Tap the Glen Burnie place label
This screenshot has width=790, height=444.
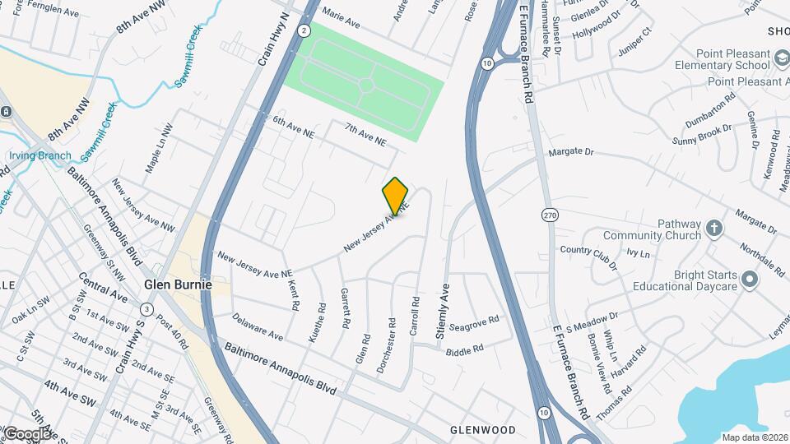pos(178,284)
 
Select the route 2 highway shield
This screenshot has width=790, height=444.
pos(304,30)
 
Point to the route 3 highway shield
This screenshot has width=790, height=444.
pos(146,308)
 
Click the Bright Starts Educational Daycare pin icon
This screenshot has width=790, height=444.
pos(749,280)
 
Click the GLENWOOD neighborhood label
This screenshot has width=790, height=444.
pos(482,430)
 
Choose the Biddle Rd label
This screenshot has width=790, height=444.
pos(464,349)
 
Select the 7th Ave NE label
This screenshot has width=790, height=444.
pos(365,135)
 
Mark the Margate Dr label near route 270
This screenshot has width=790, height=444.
pos(570,151)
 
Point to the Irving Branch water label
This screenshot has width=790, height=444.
pos(39,155)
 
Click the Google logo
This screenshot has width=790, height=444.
pos(26,433)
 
